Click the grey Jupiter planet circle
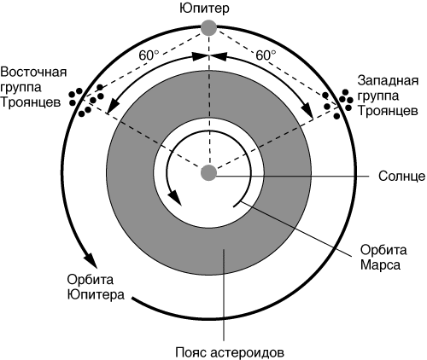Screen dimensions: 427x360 [x=209, y=27]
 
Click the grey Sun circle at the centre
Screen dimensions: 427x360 [x=209, y=172]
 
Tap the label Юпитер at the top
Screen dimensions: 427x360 [x=204, y=9]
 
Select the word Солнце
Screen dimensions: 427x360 [x=401, y=177]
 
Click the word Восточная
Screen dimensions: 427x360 [x=33, y=72]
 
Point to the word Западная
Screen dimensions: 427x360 [x=388, y=80]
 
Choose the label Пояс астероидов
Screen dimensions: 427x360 [x=230, y=352]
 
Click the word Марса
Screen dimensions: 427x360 [x=380, y=265]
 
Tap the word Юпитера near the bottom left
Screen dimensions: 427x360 [x=96, y=294]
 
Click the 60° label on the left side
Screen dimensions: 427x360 [x=149, y=55]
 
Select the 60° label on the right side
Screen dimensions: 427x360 [x=266, y=55]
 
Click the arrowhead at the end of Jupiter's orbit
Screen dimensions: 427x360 [x=91, y=259]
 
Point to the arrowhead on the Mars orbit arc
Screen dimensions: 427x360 [x=175, y=197]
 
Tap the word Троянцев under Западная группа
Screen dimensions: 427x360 [x=388, y=111]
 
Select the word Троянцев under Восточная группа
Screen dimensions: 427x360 [x=31, y=102]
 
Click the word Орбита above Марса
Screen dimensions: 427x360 [x=383, y=250]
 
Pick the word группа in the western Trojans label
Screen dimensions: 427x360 [x=378, y=96]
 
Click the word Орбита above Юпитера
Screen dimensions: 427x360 [x=91, y=280]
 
